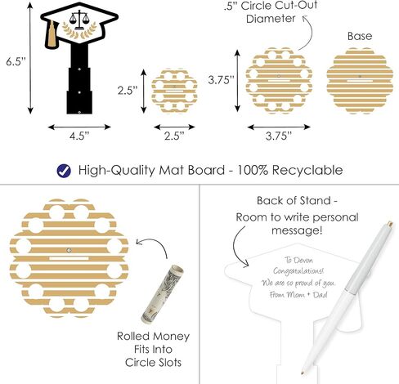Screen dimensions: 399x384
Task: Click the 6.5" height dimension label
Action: click(16, 62)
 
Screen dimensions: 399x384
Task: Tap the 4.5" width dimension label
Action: click(79, 136)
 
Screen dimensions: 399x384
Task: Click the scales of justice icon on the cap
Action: click(79, 20)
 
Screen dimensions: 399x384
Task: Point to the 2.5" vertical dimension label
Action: click(128, 91)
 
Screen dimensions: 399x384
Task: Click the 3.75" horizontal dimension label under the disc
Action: click(279, 136)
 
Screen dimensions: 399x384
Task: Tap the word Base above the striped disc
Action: click(360, 36)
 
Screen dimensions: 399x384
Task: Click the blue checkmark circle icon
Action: click(64, 171)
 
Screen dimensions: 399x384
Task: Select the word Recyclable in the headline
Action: click(307, 171)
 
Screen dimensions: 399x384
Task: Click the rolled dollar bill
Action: click(162, 294)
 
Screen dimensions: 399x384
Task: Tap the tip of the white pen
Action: click(303, 373)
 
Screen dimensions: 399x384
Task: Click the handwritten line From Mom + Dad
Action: click(298, 295)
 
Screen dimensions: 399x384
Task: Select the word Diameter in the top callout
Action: click(271, 19)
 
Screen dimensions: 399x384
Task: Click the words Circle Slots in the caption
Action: click(153, 363)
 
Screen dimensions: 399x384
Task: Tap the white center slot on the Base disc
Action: click(360, 81)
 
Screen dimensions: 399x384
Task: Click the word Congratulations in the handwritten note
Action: click(298, 271)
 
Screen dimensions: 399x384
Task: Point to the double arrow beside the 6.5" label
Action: click(30, 58)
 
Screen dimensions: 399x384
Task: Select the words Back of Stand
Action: click(294, 201)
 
